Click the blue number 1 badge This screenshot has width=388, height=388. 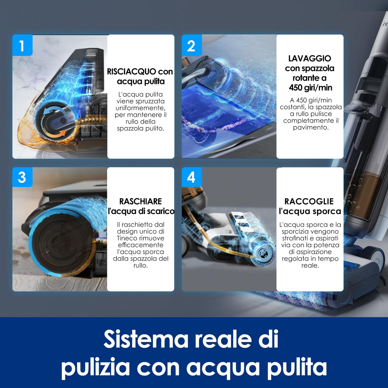click(22, 45)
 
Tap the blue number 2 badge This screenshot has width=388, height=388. click(192, 45)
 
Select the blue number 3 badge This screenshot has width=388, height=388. click(22, 177)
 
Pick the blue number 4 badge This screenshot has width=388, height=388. click(192, 177)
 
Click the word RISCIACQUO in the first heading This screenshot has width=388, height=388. click(132, 72)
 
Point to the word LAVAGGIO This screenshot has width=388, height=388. click(310, 58)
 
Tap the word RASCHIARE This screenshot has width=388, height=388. click(140, 201)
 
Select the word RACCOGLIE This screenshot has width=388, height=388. click(309, 201)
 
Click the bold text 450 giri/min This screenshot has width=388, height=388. click(310, 88)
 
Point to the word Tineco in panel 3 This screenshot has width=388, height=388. click(126, 238)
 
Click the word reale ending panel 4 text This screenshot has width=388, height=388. click(310, 265)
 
